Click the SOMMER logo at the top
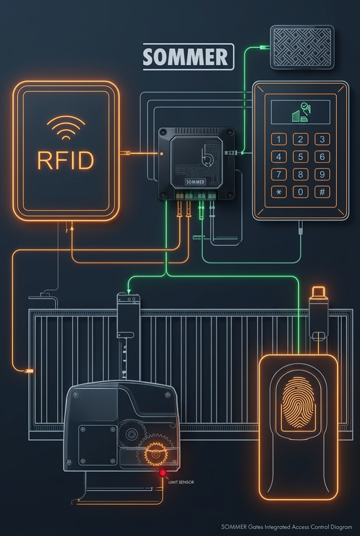(x=188, y=57)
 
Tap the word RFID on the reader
(x=65, y=160)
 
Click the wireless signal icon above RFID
(x=66, y=128)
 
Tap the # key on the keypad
(x=322, y=192)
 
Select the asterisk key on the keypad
(x=279, y=192)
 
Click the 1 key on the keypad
(x=279, y=139)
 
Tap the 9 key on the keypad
(x=322, y=174)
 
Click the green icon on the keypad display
(x=301, y=112)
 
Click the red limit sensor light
(x=163, y=473)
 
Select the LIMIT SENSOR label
(x=181, y=482)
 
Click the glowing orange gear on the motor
(x=155, y=453)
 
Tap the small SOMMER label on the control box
(x=195, y=182)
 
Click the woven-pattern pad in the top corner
(x=302, y=47)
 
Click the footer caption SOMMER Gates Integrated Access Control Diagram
(x=287, y=527)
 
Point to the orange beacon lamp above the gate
(x=318, y=292)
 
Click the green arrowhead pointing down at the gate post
(x=129, y=292)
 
